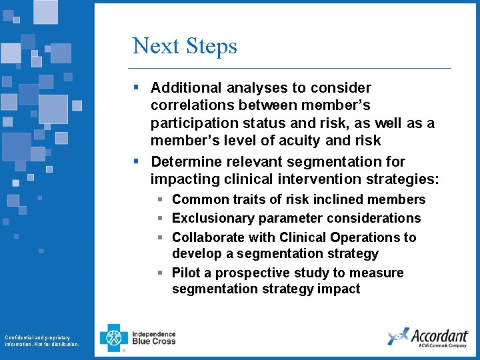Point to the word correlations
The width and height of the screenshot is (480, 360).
pos(191,105)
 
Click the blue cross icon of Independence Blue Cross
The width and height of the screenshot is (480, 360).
pos(113,337)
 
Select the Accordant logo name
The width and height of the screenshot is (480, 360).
pos(439,335)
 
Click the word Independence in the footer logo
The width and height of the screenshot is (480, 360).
pos(154,334)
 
